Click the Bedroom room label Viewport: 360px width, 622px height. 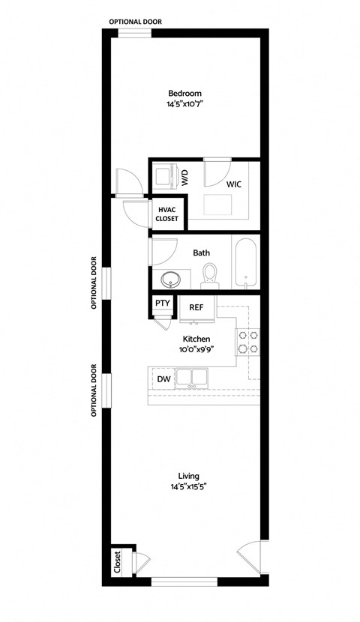point(185,93)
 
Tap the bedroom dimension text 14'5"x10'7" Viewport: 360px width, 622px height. point(185,105)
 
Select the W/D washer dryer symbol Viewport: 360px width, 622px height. point(164,178)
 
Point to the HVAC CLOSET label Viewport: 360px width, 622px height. point(166,214)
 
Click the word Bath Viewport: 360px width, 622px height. point(201,253)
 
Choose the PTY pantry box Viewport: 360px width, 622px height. point(162,304)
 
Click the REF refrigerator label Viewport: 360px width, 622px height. point(196,307)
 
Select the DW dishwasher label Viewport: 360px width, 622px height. point(163,380)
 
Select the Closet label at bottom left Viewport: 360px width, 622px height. point(118,561)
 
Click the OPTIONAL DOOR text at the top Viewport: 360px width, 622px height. point(135,22)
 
